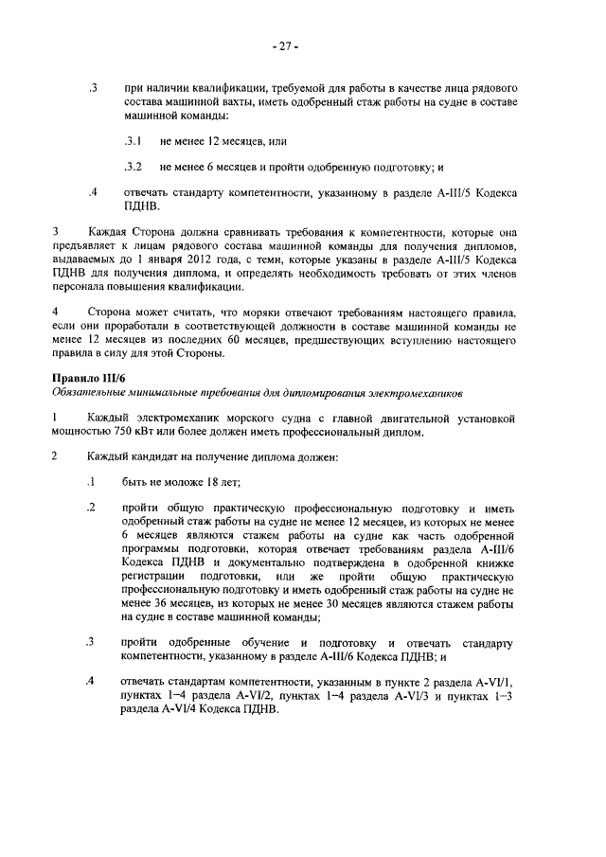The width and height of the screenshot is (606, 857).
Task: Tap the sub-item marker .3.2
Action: [x=133, y=168]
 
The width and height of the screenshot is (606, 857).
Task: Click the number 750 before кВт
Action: [x=128, y=433]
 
